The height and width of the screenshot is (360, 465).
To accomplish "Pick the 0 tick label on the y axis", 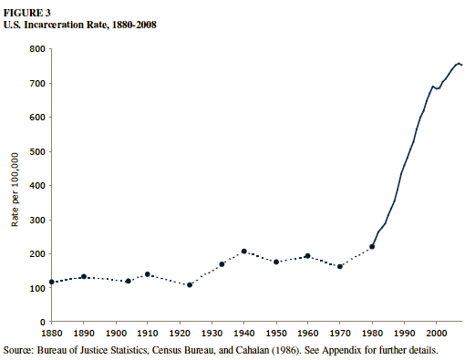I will (42, 322).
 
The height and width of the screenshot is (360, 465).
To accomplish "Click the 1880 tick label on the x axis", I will (51, 334).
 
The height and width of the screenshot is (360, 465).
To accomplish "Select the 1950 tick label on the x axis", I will (276, 334).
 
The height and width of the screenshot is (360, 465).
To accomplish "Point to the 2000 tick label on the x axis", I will (437, 334).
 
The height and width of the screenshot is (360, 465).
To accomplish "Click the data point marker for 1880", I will (51, 283).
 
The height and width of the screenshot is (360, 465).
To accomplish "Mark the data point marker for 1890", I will (83, 276).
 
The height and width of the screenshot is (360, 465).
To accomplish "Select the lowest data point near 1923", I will (190, 285).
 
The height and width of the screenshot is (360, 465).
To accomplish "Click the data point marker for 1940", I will (244, 252).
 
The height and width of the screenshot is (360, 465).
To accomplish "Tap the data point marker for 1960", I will (308, 256).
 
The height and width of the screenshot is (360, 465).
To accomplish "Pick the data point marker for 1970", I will (340, 266).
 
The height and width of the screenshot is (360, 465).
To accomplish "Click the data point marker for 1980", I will (372, 247).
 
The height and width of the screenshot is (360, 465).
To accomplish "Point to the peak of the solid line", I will (458, 63).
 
